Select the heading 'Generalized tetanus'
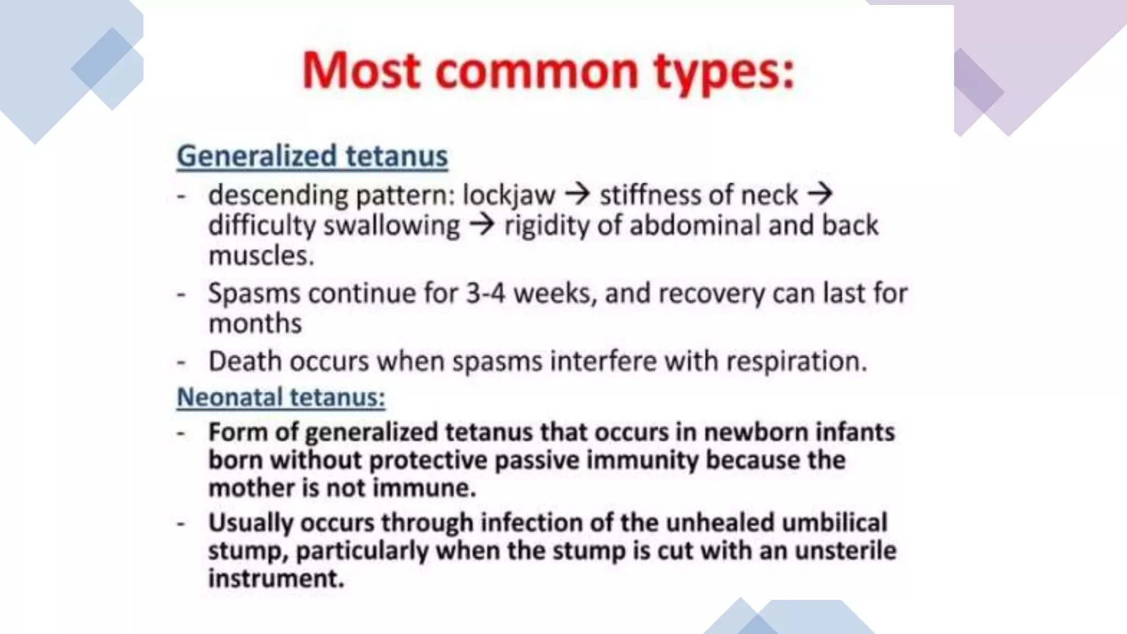(312, 156)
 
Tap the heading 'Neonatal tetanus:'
(281, 397)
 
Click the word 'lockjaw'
(509, 195)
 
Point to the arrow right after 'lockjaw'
(577, 194)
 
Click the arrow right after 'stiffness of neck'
(819, 194)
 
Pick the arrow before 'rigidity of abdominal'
(482, 225)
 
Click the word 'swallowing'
(391, 226)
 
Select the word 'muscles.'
(261, 256)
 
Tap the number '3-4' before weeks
(485, 293)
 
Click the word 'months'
(255, 323)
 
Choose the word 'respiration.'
(796, 362)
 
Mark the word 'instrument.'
(276, 578)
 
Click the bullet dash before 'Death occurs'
(180, 363)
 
